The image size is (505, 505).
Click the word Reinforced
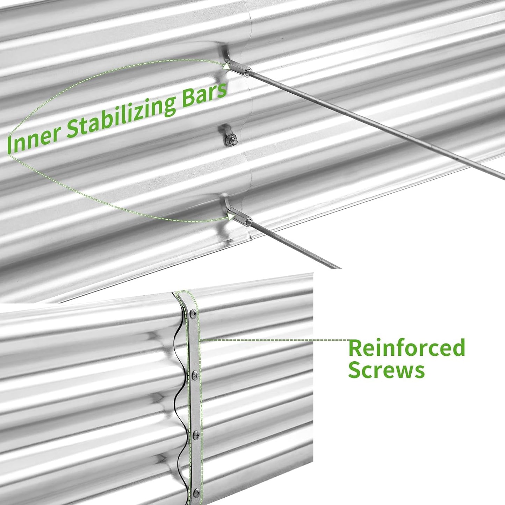click(406, 348)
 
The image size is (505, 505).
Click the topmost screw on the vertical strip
click(193, 313)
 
